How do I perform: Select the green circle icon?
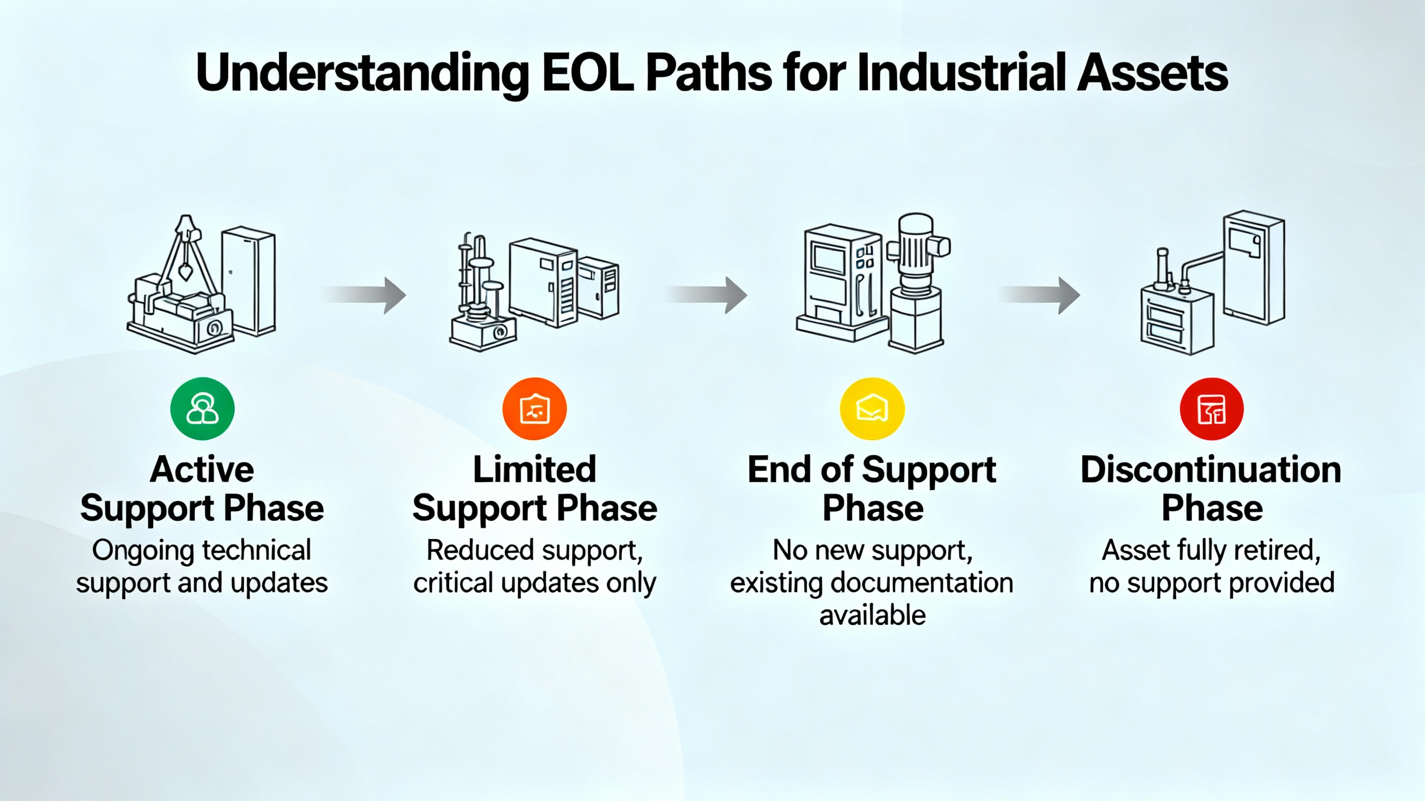point(202,409)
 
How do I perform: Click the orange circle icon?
point(534,409)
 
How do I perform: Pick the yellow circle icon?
point(872,409)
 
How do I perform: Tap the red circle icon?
point(1211,409)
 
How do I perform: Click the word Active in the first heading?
point(202,470)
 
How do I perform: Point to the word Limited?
point(534,470)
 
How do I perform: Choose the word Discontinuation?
point(1211,470)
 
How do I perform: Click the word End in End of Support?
point(779,470)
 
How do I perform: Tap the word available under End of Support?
point(872,616)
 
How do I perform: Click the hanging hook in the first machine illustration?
point(185,273)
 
